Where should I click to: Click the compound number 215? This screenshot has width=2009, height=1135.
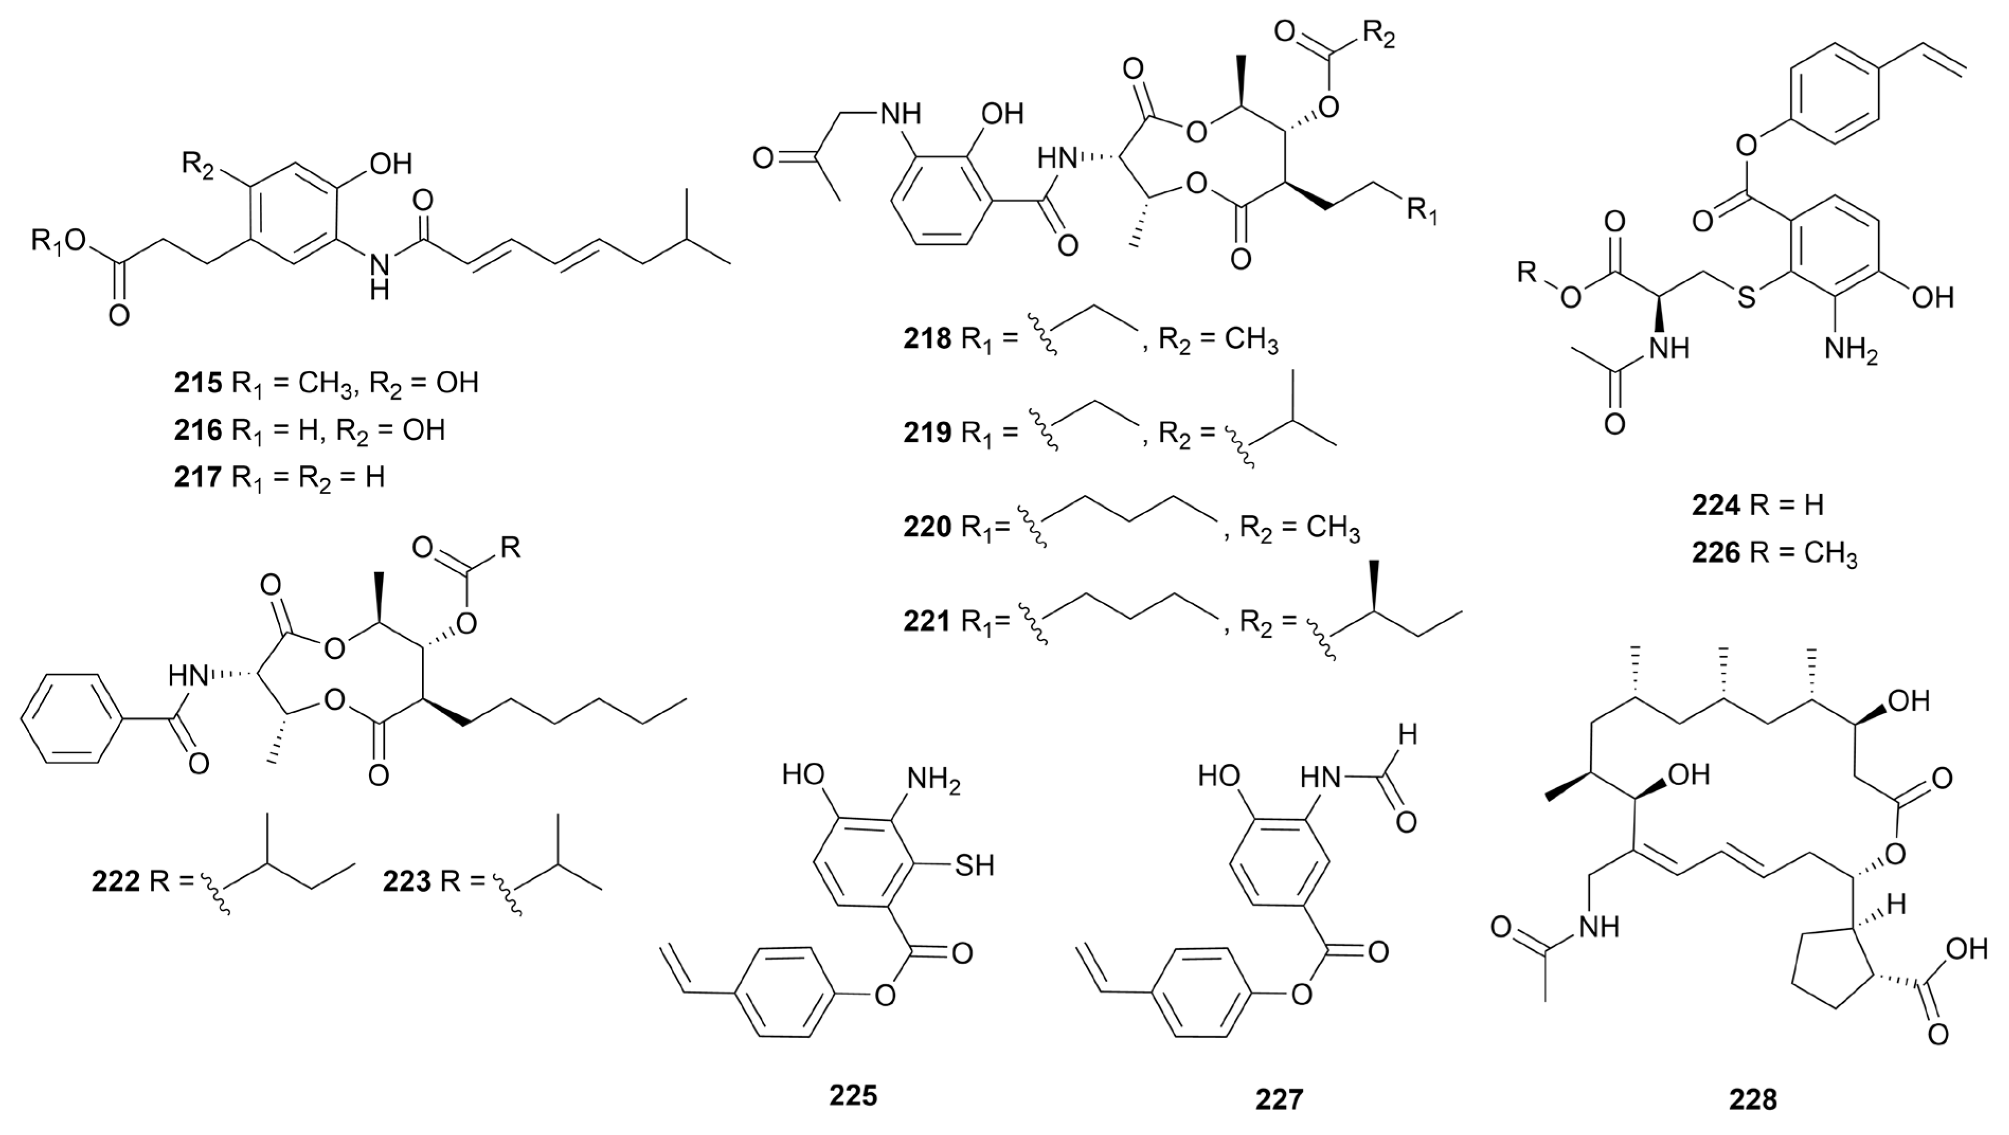[198, 383]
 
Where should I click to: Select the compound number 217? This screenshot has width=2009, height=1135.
[198, 476]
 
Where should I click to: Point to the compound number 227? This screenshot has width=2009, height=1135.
[1279, 1098]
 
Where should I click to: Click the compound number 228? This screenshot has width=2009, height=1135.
[1753, 1098]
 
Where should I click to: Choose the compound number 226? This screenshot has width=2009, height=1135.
[1716, 554]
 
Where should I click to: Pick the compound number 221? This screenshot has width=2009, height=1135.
[927, 621]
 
